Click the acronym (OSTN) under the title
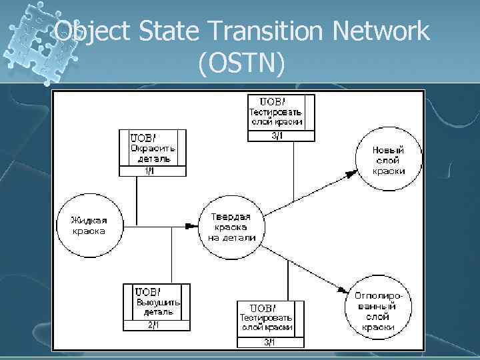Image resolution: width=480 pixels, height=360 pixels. coord(241,65)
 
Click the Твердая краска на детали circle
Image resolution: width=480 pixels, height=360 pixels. coord(232,227)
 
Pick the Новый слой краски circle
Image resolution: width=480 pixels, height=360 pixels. coord(389,160)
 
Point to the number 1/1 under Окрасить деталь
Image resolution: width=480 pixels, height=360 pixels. coord(150,171)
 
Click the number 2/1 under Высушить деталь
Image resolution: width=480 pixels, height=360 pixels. coord(155,325)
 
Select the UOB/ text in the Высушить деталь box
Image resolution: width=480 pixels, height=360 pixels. coord(148,291)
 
